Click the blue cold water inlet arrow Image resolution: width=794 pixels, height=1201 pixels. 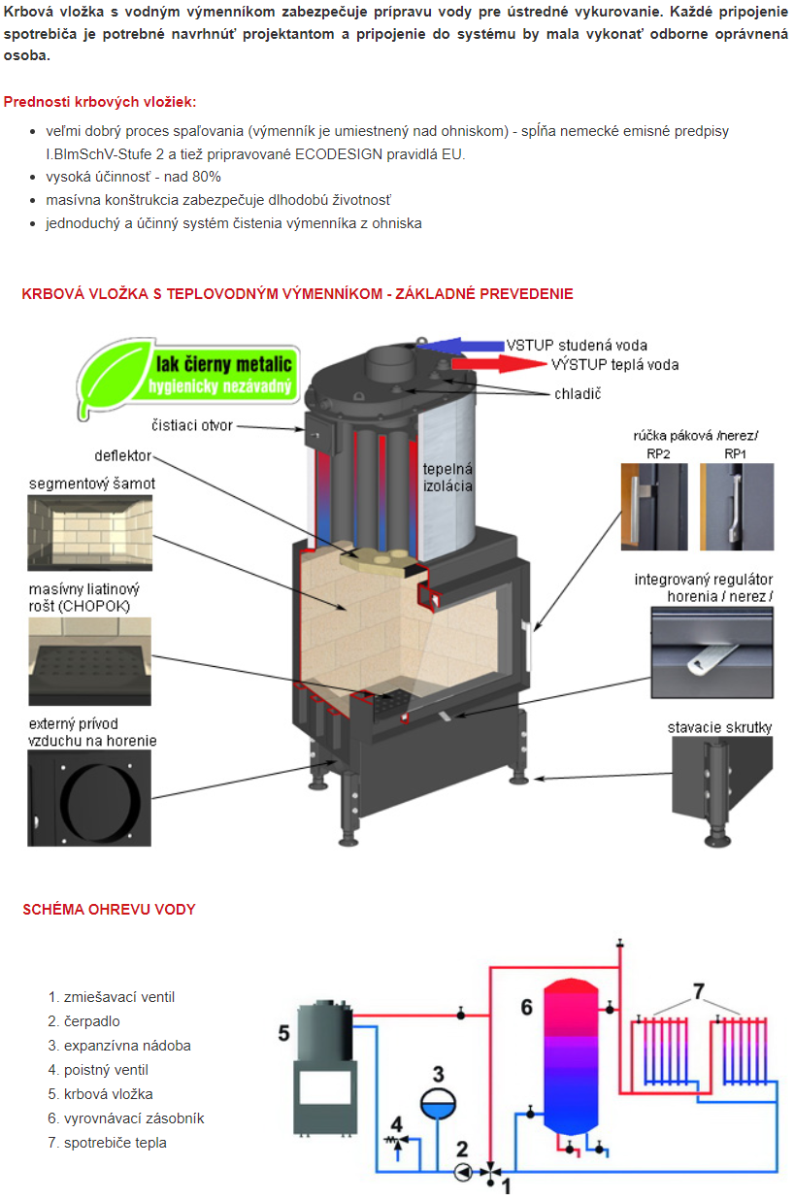(x=464, y=345)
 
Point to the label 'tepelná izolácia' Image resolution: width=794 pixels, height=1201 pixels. (x=447, y=477)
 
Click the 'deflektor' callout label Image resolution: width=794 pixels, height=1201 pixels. (x=123, y=455)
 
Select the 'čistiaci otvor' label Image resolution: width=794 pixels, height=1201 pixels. (x=192, y=425)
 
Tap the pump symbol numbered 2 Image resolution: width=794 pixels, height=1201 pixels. (x=463, y=1173)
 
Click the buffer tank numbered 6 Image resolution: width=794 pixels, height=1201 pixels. (x=570, y=1055)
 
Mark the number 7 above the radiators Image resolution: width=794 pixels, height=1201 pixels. (x=697, y=991)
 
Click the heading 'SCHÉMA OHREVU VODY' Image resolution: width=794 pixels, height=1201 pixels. (x=109, y=910)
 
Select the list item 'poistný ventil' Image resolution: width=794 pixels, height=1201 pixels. (x=106, y=1070)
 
